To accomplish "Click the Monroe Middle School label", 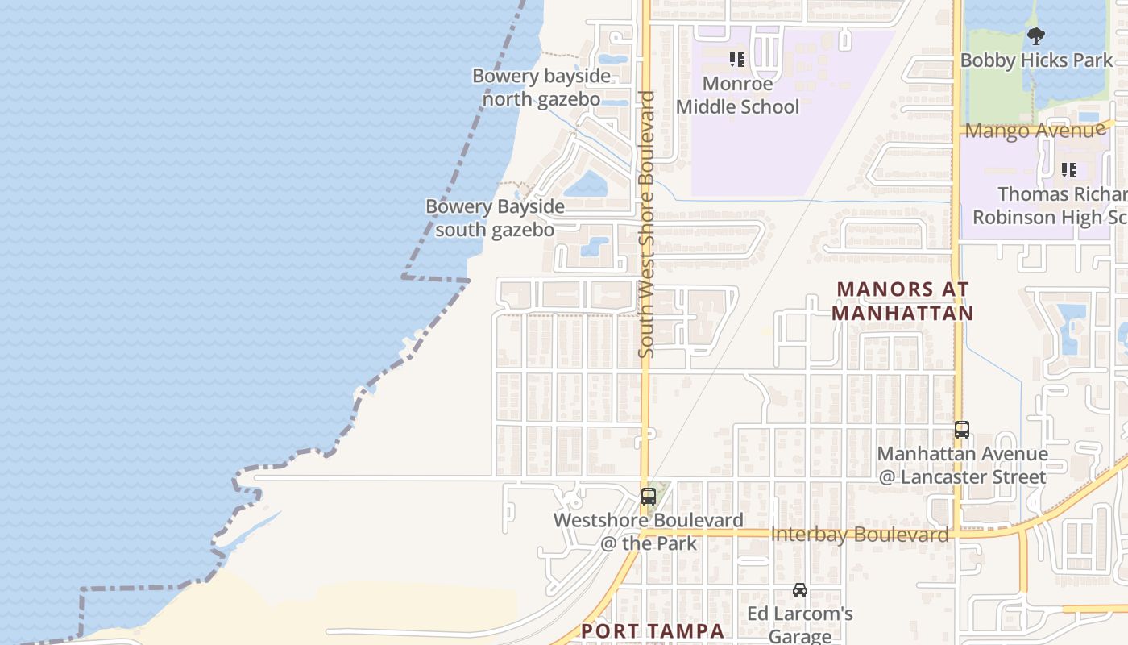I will coord(737,95).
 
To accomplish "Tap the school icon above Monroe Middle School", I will coord(736,60).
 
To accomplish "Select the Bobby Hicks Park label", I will coord(1036,60).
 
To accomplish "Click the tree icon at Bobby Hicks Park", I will coord(1036,35).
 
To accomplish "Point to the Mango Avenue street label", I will coord(1035,130).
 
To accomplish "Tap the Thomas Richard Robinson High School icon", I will coord(1069,170).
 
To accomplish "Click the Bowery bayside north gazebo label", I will coord(541,88).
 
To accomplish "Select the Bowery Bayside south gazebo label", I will coord(495,218).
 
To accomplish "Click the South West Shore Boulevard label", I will coord(646,224).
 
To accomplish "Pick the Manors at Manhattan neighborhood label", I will coord(902,301).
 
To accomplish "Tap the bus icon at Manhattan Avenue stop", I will coord(962,430).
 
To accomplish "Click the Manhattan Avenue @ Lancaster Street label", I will coord(962,465).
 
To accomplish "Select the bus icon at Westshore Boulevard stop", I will coord(649,497).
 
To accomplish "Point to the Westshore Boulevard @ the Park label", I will coord(648,531).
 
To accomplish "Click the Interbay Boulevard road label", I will coord(860,535).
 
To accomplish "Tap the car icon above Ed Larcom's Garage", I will coord(799,590).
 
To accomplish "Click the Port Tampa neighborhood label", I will coord(653,630).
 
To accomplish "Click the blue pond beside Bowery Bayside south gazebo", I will coord(585,186).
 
